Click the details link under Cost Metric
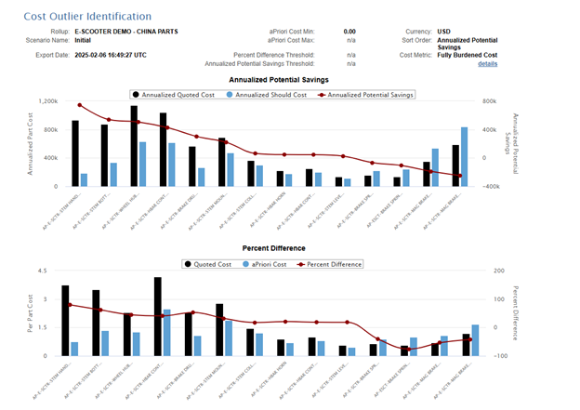(x=487, y=63)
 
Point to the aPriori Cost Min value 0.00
(x=349, y=32)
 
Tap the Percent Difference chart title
(x=274, y=249)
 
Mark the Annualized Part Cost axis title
(x=30, y=143)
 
